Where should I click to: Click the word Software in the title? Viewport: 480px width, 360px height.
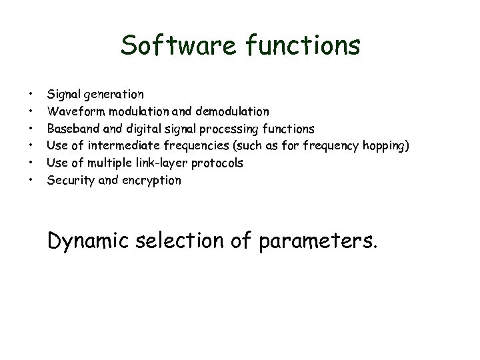coord(175,46)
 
